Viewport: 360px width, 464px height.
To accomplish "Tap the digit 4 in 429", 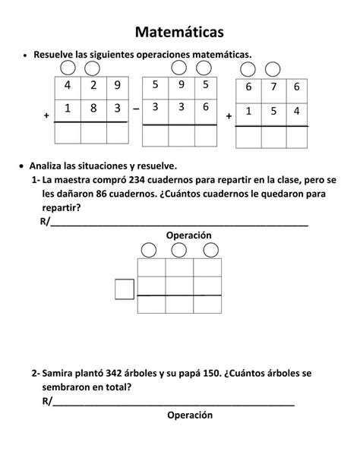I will pyautogui.click(x=68, y=85).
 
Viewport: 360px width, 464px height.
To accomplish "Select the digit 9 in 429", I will pyautogui.click(x=117, y=85).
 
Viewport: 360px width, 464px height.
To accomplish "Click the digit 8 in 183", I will pyautogui.click(x=93, y=109).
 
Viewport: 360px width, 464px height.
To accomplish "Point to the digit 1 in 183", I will pyautogui.click(x=68, y=109).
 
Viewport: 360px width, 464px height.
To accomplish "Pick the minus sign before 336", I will pyautogui.click(x=135, y=109).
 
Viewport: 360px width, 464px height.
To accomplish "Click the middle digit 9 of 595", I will pyautogui.click(x=180, y=84).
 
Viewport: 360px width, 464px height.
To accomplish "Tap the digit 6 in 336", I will pyautogui.click(x=205, y=106).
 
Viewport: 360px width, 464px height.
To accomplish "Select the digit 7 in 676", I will pyautogui.click(x=273, y=87).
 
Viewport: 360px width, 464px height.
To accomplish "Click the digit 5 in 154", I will pyautogui.click(x=273, y=111).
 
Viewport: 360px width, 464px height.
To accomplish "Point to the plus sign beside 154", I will pyautogui.click(x=229, y=116).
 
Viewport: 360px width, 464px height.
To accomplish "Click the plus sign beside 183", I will pyautogui.click(x=47, y=116).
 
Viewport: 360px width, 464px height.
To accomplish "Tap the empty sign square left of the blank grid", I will pyautogui.click(x=125, y=289).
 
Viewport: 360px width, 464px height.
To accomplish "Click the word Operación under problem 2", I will pyautogui.click(x=190, y=415).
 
